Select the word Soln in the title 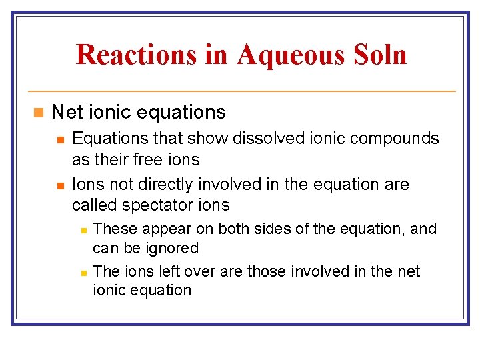point(381,54)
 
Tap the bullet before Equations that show point(59,139)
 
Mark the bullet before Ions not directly point(59,185)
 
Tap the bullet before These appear point(83,229)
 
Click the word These point(115,229)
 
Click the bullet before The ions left point(83,272)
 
